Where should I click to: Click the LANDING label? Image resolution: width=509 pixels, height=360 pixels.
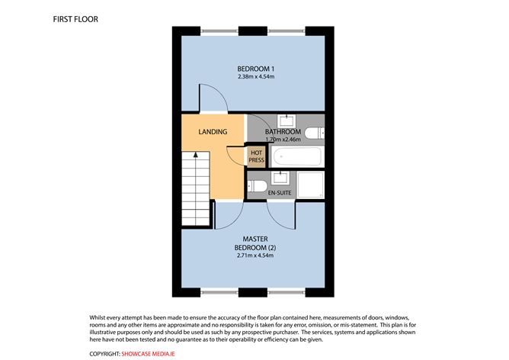[213, 132]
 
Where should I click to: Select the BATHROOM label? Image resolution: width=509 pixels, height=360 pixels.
[283, 132]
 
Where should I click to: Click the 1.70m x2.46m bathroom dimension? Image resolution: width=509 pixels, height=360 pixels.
[283, 140]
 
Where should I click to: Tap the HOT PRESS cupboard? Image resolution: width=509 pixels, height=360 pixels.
[256, 156]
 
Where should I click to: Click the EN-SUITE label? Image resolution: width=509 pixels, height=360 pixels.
[280, 194]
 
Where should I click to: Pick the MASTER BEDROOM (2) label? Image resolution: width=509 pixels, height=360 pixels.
[254, 242]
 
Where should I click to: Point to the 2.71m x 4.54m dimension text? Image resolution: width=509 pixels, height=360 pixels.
[254, 255]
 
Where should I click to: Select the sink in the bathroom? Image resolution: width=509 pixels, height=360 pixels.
[288, 120]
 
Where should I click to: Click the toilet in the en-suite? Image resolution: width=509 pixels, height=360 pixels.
[258, 185]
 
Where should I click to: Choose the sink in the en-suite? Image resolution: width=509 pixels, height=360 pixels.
[280, 178]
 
